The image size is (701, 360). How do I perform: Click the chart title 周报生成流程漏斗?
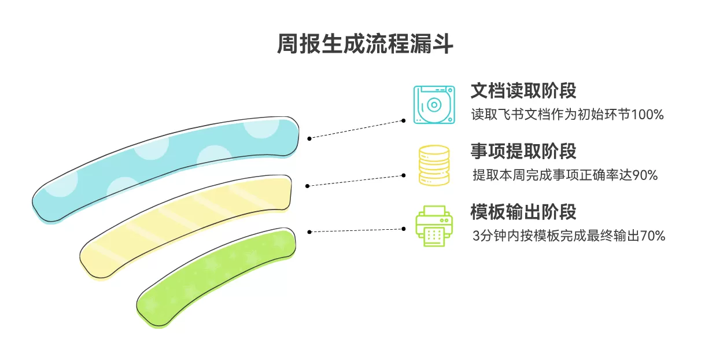(x=365, y=43)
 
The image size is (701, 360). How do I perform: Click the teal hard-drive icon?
(x=434, y=105)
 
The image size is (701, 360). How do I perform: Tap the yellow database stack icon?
(x=434, y=166)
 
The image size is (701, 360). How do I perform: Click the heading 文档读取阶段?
(x=523, y=91)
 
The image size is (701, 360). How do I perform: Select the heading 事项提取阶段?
(x=523, y=151)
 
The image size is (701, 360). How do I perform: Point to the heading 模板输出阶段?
(x=523, y=212)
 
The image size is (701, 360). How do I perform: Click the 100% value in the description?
(x=647, y=115)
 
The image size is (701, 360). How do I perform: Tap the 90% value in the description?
(x=645, y=175)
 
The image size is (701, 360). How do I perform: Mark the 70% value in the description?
(x=652, y=236)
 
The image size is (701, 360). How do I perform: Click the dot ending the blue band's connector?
(x=309, y=139)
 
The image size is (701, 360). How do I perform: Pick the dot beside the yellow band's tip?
(x=307, y=186)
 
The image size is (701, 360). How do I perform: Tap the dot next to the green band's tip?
(x=309, y=232)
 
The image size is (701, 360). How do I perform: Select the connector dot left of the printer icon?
(x=404, y=229)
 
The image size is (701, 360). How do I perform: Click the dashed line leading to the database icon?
(x=356, y=181)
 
